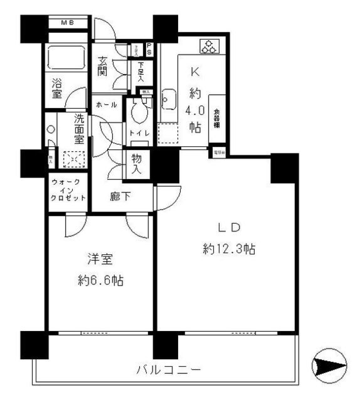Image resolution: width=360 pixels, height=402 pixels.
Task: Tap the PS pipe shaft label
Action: pyautogui.click(x=149, y=49)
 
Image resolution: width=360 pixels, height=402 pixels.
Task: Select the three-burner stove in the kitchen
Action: pyautogui.click(x=207, y=46)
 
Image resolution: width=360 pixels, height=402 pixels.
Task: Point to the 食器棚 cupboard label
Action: pyautogui.click(x=217, y=118)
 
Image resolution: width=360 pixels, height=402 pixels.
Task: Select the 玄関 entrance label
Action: pyautogui.click(x=102, y=66)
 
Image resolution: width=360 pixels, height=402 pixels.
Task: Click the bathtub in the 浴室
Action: pyautogui.click(x=66, y=57)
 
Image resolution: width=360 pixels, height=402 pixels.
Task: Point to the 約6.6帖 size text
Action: pyautogui.click(x=99, y=280)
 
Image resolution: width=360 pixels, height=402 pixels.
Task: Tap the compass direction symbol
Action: pyautogui.click(x=329, y=366)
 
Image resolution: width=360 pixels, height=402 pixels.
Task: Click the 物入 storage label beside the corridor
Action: pyautogui.click(x=136, y=164)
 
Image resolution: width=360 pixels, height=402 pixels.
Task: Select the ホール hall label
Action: pyautogui.click(x=106, y=105)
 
